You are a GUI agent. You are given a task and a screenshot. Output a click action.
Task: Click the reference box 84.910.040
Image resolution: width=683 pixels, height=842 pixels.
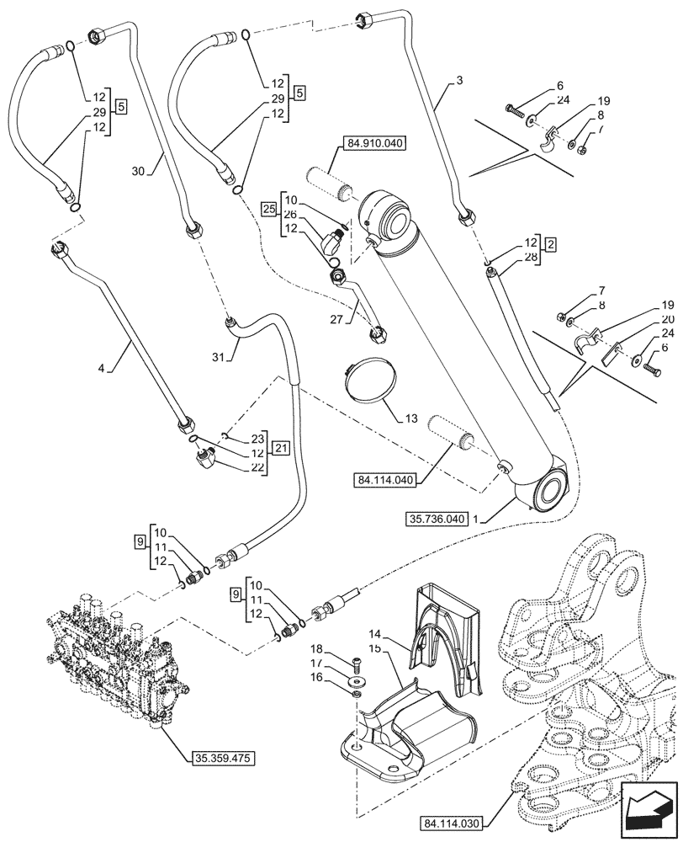coord(374,144)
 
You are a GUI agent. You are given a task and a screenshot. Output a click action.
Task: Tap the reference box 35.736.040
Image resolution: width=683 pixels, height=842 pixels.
coord(434,520)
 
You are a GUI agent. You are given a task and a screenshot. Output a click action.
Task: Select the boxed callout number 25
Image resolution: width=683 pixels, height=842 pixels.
coord(269,208)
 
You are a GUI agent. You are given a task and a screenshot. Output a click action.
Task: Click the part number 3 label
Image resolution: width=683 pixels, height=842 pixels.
coord(459,81)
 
